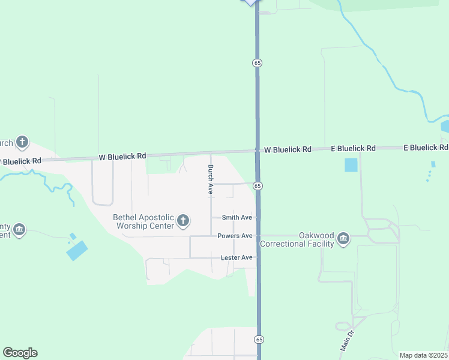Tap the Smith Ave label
point(237,217)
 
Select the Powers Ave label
point(235,236)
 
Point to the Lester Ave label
point(237,257)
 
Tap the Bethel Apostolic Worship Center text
point(143,221)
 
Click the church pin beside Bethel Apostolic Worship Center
point(183,221)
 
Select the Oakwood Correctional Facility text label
point(297,240)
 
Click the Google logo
point(20,353)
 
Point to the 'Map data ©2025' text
point(423,355)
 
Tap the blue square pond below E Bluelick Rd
point(351,164)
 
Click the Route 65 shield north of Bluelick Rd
point(257,62)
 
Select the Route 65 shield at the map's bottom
point(259,339)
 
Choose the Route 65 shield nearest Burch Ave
point(257,186)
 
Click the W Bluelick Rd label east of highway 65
point(288,149)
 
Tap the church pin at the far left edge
point(22,142)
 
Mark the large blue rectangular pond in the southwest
point(77,250)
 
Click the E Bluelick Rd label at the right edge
point(426,147)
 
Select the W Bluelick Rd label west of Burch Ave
point(122,157)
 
